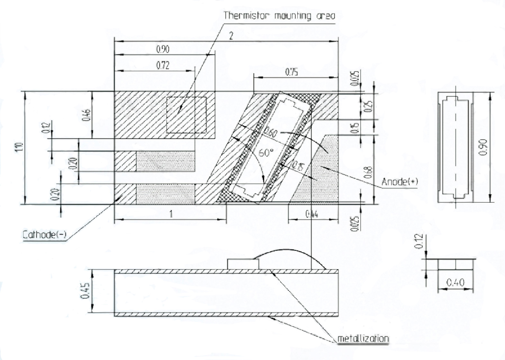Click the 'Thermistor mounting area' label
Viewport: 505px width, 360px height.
[x=279, y=15]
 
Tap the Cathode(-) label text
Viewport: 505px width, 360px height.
[x=44, y=235]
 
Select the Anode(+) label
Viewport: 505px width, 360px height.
[x=400, y=182]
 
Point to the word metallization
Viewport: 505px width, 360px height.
[x=363, y=338]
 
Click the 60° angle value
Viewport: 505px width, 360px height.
[x=266, y=153]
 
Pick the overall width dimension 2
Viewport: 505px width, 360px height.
[x=231, y=36]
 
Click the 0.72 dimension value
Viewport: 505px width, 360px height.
[x=163, y=66]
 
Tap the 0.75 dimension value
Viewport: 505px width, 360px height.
[x=291, y=72]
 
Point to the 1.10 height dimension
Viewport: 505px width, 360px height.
[x=20, y=147]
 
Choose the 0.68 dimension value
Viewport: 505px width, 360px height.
[x=369, y=172]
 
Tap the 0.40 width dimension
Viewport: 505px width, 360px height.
[x=455, y=283]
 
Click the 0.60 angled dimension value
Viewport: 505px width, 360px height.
[x=270, y=132]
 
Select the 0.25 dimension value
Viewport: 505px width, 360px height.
[x=369, y=106]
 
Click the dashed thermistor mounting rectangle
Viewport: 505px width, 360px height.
[x=186, y=115]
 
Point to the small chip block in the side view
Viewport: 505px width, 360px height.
[x=243, y=264]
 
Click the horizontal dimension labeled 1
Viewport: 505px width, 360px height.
[x=171, y=214]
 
